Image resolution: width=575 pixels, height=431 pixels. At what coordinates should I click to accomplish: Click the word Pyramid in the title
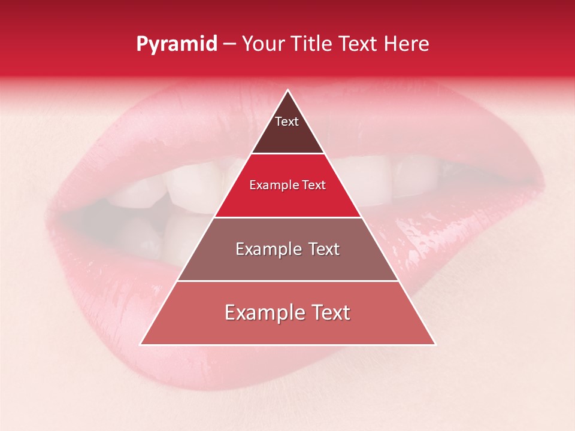(176, 45)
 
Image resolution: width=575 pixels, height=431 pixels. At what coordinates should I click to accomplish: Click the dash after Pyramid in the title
(229, 45)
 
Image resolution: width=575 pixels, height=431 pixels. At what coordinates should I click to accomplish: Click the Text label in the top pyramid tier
(287, 122)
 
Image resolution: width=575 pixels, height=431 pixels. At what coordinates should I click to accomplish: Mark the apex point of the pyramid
(287, 90)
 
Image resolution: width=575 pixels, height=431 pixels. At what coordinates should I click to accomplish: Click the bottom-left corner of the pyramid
(141, 344)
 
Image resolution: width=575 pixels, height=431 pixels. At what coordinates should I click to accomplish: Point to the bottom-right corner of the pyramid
(435, 344)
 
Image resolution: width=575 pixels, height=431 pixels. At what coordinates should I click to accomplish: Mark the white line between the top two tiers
(287, 154)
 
